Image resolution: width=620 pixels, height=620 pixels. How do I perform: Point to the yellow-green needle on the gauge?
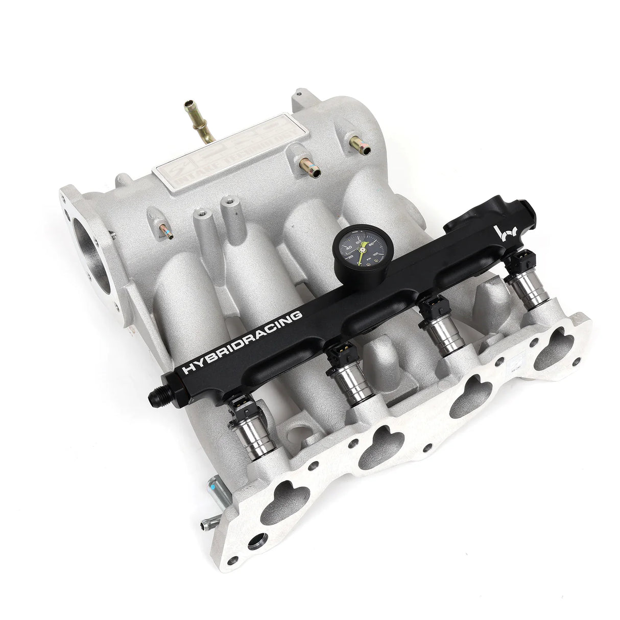[x=361, y=251]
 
